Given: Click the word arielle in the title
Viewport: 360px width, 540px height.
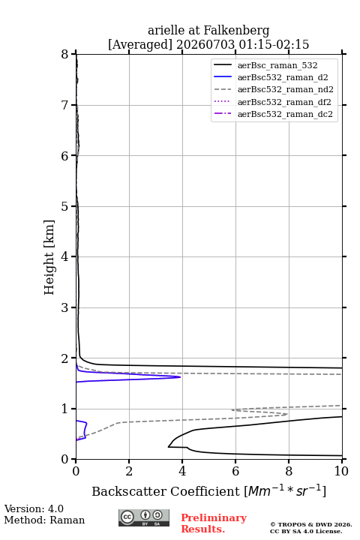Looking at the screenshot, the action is coord(166,30).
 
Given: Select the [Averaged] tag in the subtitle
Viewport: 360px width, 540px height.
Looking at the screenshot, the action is coord(139,45).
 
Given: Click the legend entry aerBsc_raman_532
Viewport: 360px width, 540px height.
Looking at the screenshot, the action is coord(265,65).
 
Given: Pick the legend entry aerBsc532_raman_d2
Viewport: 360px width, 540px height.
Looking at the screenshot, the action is coord(271,77).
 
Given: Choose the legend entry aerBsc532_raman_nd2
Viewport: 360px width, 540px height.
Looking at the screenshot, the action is coord(274,89).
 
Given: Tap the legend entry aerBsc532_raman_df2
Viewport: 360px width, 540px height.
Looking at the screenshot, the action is coord(272,102).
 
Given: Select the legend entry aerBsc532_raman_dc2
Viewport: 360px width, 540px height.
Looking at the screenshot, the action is coord(273,114).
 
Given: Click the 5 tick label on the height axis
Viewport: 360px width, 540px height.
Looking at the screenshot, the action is coord(64,206).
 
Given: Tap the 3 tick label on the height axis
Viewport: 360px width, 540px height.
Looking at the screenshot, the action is coord(64,307).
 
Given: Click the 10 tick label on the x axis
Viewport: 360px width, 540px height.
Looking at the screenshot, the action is coord(341,471).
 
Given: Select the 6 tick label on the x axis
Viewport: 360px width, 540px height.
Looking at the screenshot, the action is coord(235,471).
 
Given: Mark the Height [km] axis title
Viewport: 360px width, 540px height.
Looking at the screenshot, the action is coord(49,257).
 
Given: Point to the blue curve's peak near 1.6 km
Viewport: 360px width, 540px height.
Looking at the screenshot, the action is coord(180,377).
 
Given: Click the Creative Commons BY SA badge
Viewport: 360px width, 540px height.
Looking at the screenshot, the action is coord(144,518).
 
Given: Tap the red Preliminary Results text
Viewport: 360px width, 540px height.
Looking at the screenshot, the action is coord(214,523).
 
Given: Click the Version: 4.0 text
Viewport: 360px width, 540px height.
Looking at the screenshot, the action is coord(34,508).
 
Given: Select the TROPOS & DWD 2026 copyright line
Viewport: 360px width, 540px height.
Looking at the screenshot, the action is coord(311,524).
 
